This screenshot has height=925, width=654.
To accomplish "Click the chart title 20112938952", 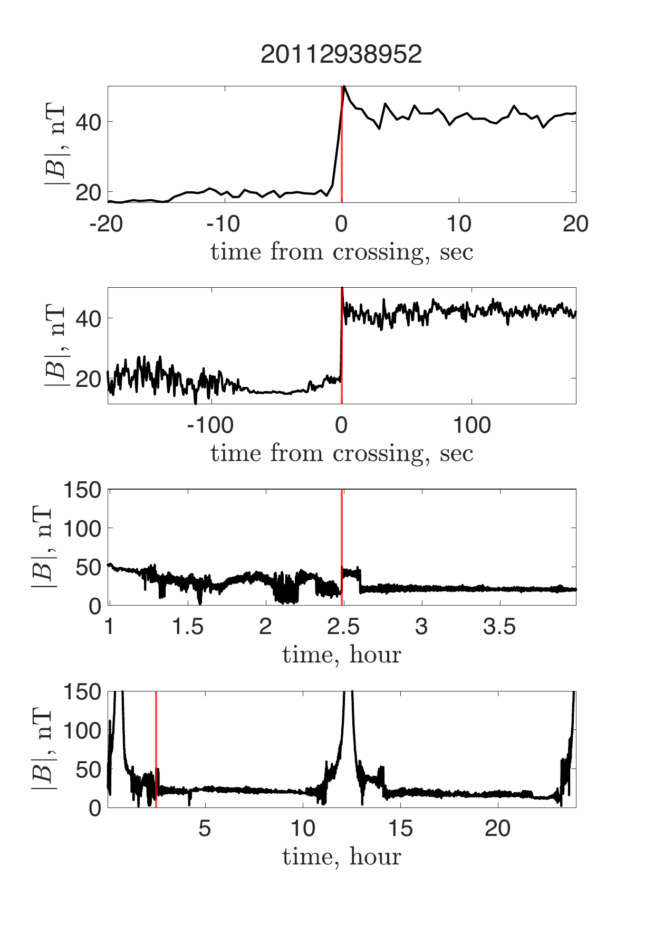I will coord(341,54).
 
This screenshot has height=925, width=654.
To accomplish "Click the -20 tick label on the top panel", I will coord(108,224).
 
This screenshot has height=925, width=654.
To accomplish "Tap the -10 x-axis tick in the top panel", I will coord(223,224).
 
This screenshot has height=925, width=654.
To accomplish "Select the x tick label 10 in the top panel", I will coord(459,224).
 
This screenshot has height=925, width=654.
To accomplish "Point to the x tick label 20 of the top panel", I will coord(575,224).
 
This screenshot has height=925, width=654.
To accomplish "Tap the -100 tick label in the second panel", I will coord(210,425).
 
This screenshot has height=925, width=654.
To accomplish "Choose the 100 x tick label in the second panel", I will coord(472,425).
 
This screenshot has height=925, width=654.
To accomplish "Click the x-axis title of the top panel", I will coord(342,251).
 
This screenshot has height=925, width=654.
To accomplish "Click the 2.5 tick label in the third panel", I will coord(343,627).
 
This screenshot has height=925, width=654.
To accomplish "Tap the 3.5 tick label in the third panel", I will coord(498,627).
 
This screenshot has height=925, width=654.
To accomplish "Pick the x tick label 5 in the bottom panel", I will coord(205,829).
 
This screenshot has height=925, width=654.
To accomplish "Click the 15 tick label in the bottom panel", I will coord(400,829).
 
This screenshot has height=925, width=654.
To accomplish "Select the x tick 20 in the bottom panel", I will coord(498,829).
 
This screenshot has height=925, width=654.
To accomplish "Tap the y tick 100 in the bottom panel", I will coord(82,730).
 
